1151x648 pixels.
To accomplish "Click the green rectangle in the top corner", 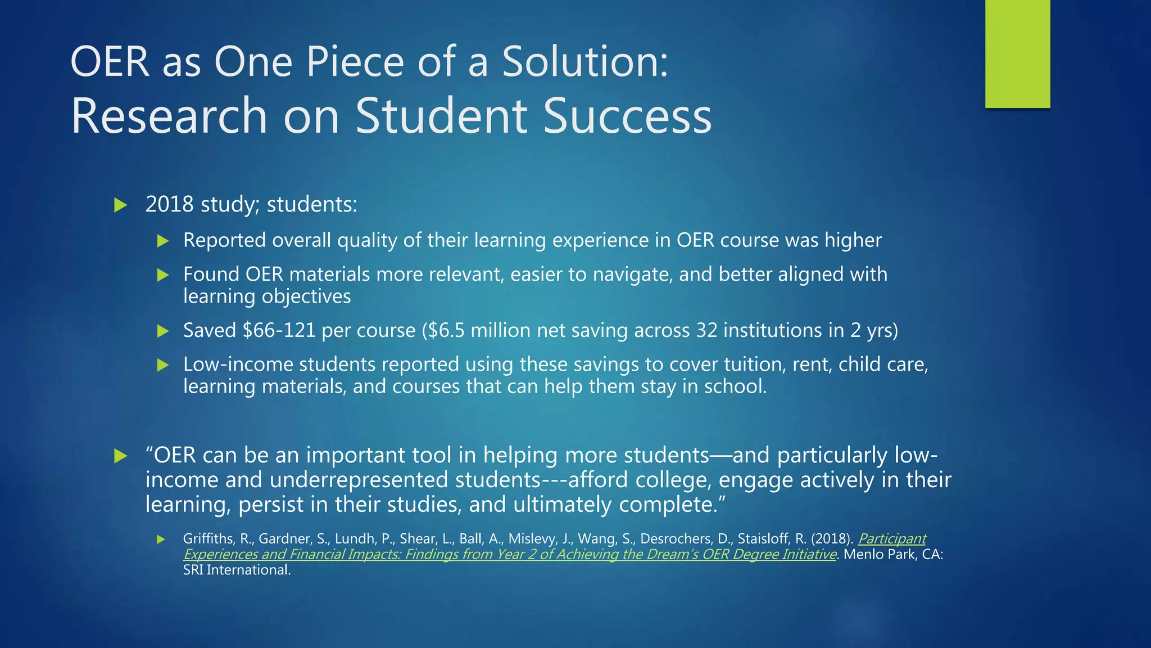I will [1017, 54].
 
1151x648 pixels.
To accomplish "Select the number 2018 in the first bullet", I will [169, 204].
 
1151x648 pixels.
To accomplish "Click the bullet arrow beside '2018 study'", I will [120, 205].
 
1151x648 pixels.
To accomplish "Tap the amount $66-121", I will [279, 330].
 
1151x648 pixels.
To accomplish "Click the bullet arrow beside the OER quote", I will [120, 456].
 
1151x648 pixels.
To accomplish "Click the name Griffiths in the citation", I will [207, 539].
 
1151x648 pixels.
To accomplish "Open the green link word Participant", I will [892, 539].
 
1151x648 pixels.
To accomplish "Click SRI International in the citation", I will [237, 570].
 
